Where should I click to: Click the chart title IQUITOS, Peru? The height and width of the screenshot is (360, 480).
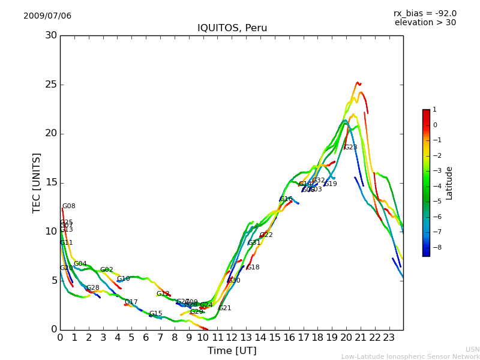232,28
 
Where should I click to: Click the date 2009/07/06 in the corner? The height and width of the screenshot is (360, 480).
47,16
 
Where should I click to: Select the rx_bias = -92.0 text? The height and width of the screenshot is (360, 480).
425,14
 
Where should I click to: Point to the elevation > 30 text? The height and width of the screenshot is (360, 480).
425,23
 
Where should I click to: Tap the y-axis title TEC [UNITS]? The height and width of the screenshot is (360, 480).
37,182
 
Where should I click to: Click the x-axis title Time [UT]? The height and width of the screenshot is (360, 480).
232,351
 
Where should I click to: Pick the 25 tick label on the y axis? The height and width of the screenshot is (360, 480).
51,85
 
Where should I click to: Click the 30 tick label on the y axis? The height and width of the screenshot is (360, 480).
51,35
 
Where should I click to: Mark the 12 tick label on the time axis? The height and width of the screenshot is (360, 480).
232,338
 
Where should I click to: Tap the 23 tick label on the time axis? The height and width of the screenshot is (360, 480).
389,338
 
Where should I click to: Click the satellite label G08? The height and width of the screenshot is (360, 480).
69,206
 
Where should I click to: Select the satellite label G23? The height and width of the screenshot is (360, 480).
350,148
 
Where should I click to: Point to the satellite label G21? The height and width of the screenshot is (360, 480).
225,308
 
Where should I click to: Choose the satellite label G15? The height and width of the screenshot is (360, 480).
156,314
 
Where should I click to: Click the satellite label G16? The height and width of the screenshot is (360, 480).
286,199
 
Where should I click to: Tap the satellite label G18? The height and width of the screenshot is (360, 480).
253,268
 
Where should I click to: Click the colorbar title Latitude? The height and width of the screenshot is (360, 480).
449,183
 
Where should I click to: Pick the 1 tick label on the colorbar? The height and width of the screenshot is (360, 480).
434,110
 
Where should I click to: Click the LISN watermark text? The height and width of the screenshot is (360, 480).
473,349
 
